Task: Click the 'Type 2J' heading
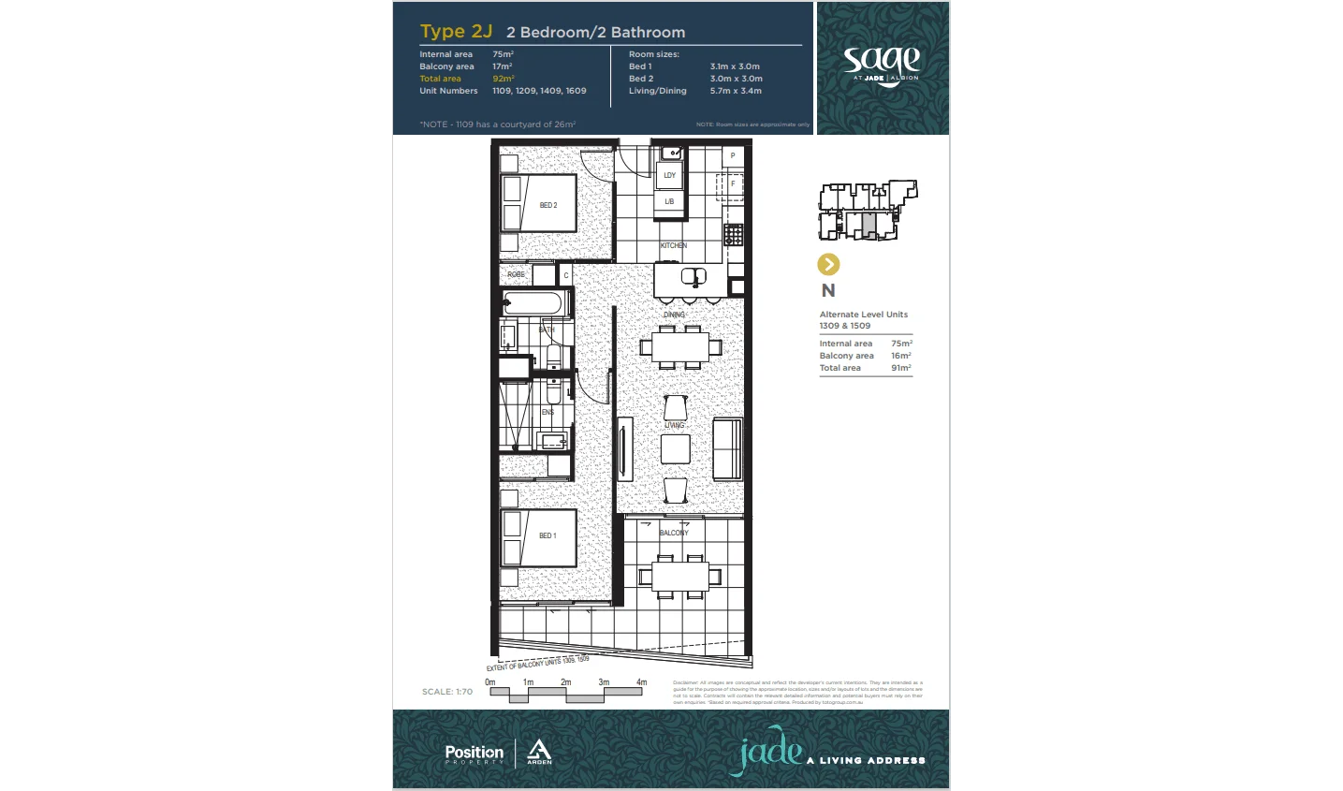coord(456,31)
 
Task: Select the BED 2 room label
coord(548,205)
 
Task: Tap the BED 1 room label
coord(547,535)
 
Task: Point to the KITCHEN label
coord(674,245)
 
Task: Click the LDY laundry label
coord(670,175)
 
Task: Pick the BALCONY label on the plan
coord(674,533)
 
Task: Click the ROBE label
coord(517,274)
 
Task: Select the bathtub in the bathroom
coord(536,303)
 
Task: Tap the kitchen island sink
coord(693,277)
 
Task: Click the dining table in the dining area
coord(680,347)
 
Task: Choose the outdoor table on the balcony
coord(680,575)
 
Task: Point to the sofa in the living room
coord(727,448)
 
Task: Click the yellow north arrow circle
coord(828,265)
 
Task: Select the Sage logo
coord(882,65)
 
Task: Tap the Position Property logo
coord(474,754)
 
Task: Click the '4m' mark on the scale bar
coord(641,682)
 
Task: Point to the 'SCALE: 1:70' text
coord(447,692)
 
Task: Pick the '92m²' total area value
coord(503,79)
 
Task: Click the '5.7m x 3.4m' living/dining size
coord(736,91)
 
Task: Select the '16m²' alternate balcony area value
coord(900,356)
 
